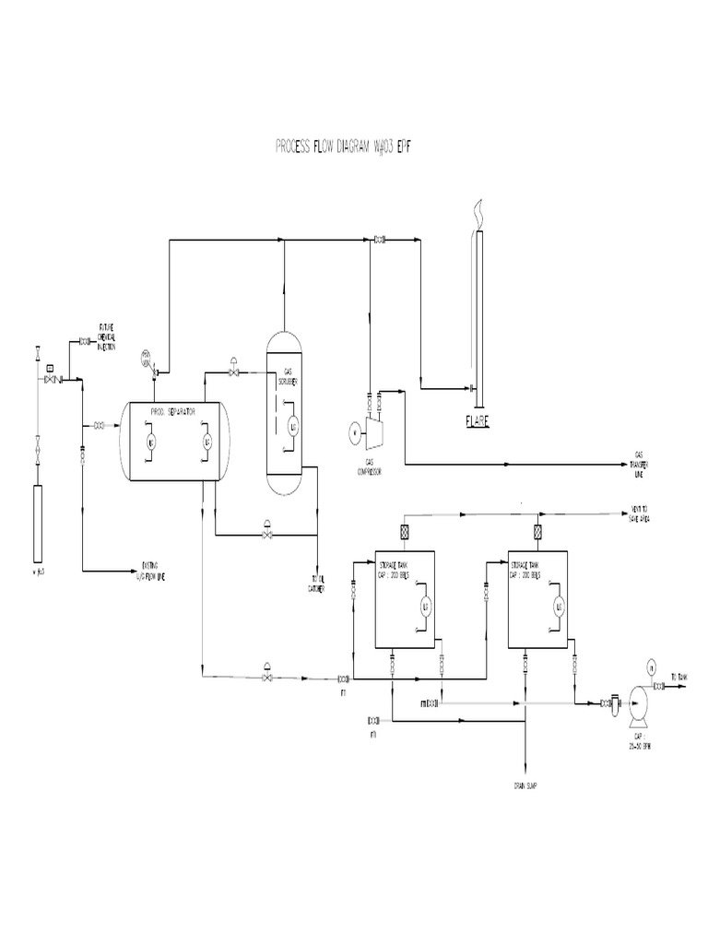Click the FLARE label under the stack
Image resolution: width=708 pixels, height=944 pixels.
pyautogui.click(x=477, y=421)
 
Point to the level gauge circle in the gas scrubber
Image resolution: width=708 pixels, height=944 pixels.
pyautogui.click(x=293, y=427)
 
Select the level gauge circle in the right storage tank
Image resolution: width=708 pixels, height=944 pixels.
pyautogui.click(x=558, y=605)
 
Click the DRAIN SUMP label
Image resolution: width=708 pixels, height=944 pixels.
pyautogui.click(x=526, y=785)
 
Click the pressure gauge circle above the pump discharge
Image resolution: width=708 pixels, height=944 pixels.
pyautogui.click(x=651, y=666)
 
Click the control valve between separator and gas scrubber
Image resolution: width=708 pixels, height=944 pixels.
pyautogui.click(x=233, y=371)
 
